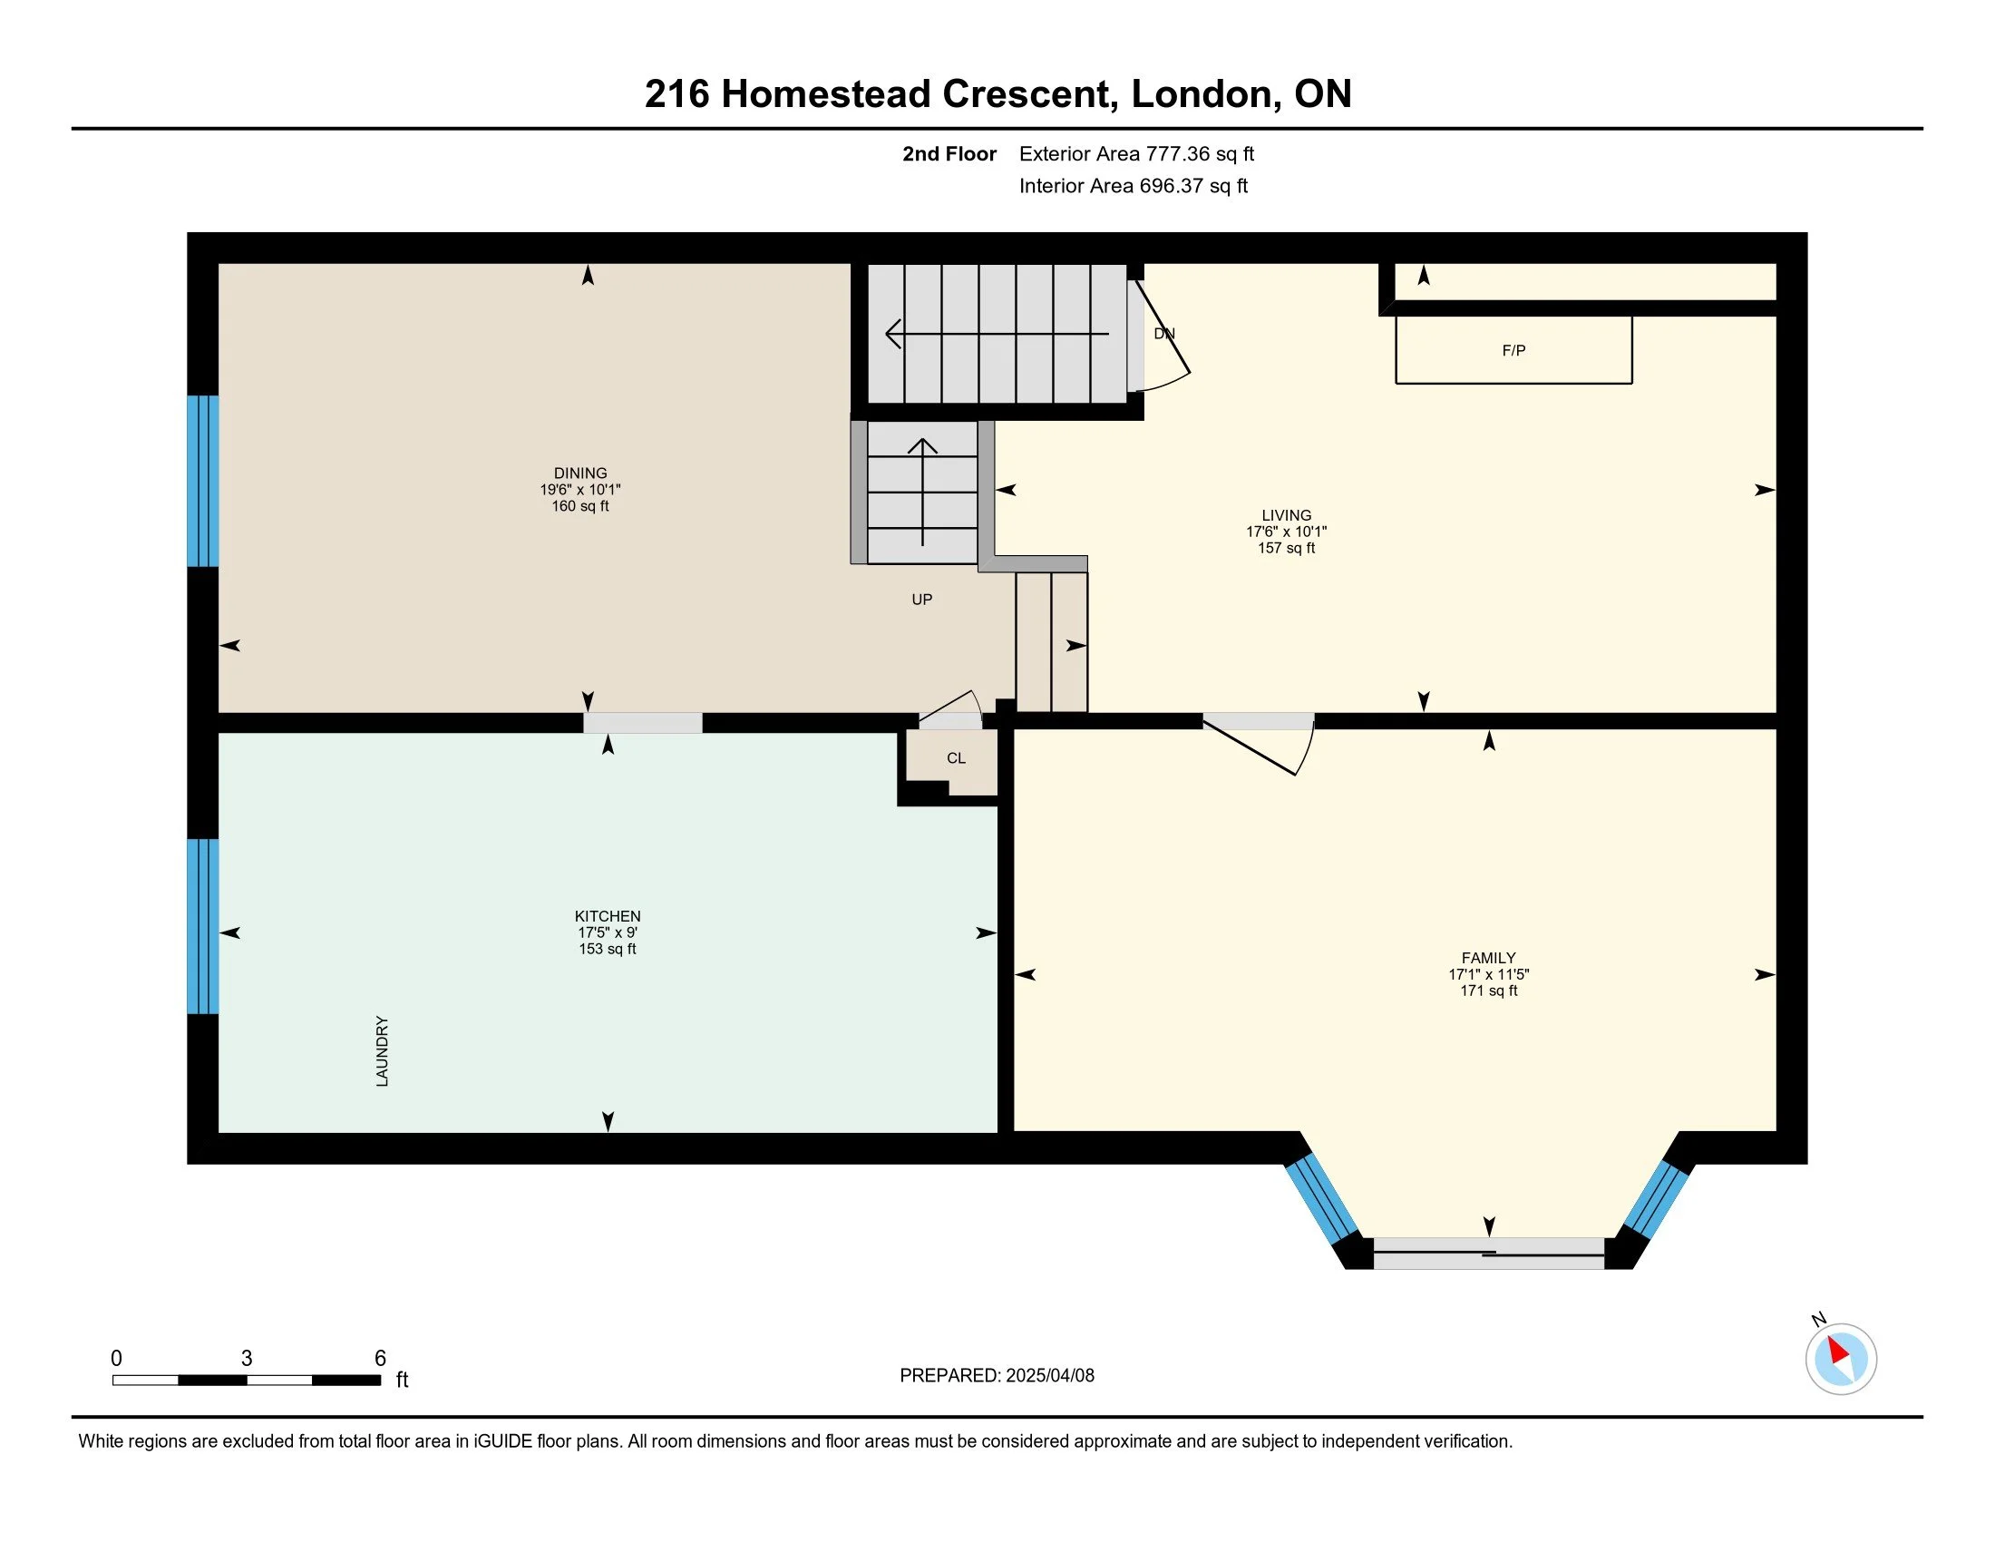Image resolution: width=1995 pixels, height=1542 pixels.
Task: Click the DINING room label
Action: coord(580,473)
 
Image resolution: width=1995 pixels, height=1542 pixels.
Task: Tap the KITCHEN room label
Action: coord(608,916)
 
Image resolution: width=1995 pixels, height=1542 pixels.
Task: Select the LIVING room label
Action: coord(1286,515)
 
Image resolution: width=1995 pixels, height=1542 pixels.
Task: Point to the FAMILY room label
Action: coord(1489,958)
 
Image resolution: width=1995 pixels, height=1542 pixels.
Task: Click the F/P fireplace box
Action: coord(1513,350)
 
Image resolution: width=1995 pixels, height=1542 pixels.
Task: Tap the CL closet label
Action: coord(957,758)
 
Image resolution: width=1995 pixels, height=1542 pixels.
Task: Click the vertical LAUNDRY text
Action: coord(382,1051)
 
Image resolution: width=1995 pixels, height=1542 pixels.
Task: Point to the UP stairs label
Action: coord(921,600)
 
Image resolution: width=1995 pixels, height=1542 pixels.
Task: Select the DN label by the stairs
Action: coord(1164,334)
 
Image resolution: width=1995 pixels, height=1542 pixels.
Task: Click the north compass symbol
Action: coord(1841,1359)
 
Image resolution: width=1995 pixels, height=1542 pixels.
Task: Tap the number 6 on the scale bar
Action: coord(380,1359)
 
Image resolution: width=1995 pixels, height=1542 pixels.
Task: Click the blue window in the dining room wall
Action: coord(203,481)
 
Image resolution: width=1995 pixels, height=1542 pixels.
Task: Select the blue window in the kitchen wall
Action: coord(203,926)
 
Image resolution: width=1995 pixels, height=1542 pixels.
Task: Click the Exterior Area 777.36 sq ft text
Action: coord(1136,153)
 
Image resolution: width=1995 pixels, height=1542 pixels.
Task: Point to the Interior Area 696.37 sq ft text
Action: coord(1134,185)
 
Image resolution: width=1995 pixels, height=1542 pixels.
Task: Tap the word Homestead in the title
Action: coord(826,94)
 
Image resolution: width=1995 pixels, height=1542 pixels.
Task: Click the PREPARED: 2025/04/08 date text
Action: coord(997,1376)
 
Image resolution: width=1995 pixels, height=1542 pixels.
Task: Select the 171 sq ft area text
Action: coord(1489,991)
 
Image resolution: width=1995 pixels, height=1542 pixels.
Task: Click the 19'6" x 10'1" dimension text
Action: coord(580,490)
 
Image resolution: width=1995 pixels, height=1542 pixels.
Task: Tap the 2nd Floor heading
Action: coord(949,153)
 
